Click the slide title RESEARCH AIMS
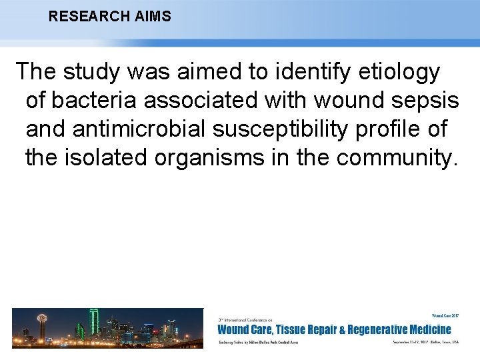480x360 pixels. point(109,16)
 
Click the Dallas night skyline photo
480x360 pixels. point(107,327)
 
